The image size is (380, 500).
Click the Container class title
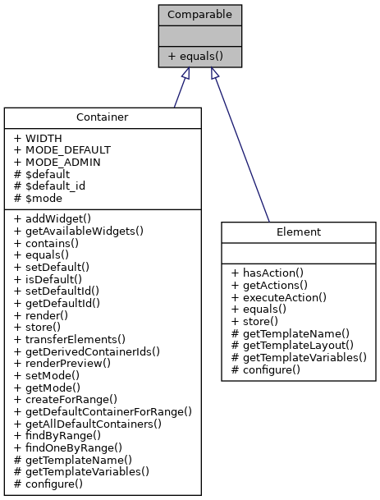tap(102, 117)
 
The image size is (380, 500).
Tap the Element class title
tap(298, 232)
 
